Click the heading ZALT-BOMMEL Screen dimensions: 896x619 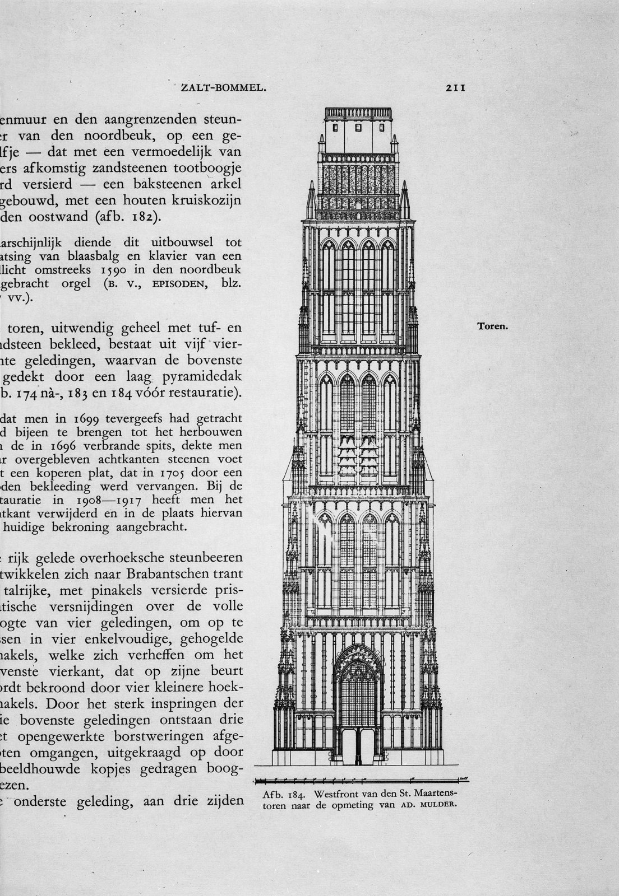coord(223,88)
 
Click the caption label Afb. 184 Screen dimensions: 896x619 coord(284,795)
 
